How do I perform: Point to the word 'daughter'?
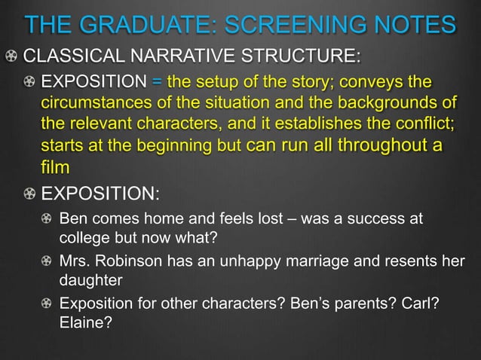pos(90,281)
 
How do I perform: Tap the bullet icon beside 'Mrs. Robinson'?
pos(47,261)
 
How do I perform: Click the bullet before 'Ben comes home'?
pos(47,219)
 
